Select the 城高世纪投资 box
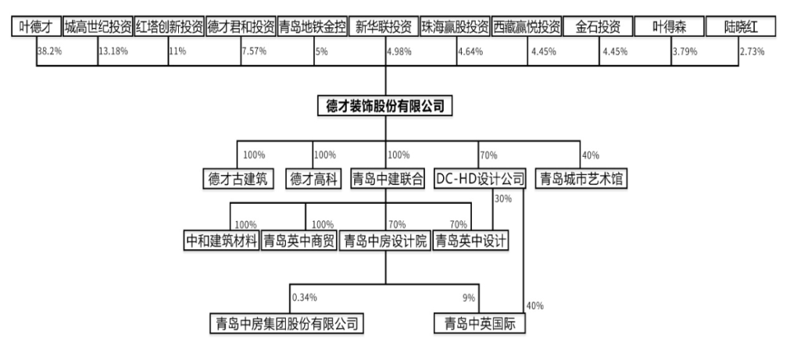[x=98, y=27]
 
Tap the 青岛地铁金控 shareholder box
[x=312, y=27]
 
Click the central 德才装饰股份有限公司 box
[x=385, y=105]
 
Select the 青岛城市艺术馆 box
[x=582, y=179]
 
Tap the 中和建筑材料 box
[x=221, y=241]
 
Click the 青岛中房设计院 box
[x=385, y=241]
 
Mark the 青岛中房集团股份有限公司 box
[x=290, y=322]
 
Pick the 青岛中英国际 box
[x=480, y=322]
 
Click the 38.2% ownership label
[x=49, y=52]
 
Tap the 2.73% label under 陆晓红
[x=751, y=52]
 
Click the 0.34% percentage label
[x=305, y=298]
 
